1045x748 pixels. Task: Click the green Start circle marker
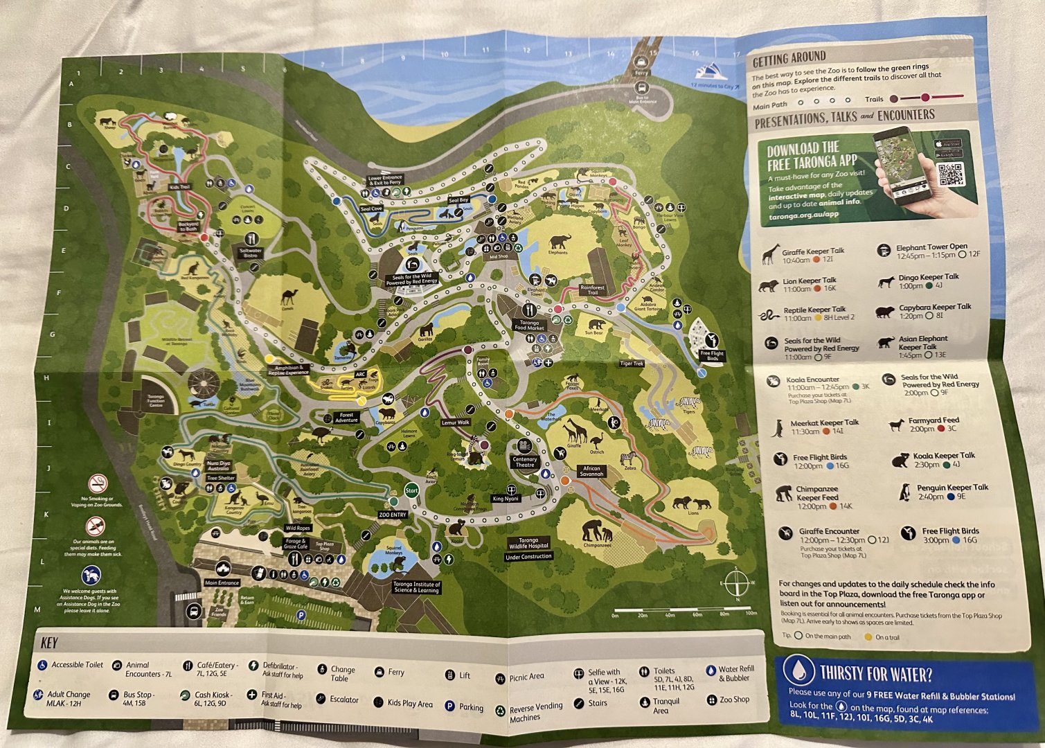(x=411, y=490)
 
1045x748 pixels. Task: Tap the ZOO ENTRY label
(x=393, y=515)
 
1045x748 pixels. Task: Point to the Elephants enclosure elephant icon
(x=560, y=242)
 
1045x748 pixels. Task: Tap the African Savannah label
(x=591, y=471)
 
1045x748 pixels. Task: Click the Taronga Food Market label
(x=529, y=325)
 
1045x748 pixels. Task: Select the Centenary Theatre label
(x=525, y=462)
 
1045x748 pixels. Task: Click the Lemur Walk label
(x=455, y=422)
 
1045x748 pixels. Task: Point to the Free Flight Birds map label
(x=711, y=356)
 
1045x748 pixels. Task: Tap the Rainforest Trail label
(x=592, y=290)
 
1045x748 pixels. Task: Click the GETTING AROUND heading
(x=789, y=57)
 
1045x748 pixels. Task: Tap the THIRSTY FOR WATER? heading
(x=875, y=673)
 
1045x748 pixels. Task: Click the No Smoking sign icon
(x=98, y=483)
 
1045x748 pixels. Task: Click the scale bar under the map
(x=683, y=610)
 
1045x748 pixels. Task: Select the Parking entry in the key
(x=464, y=707)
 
